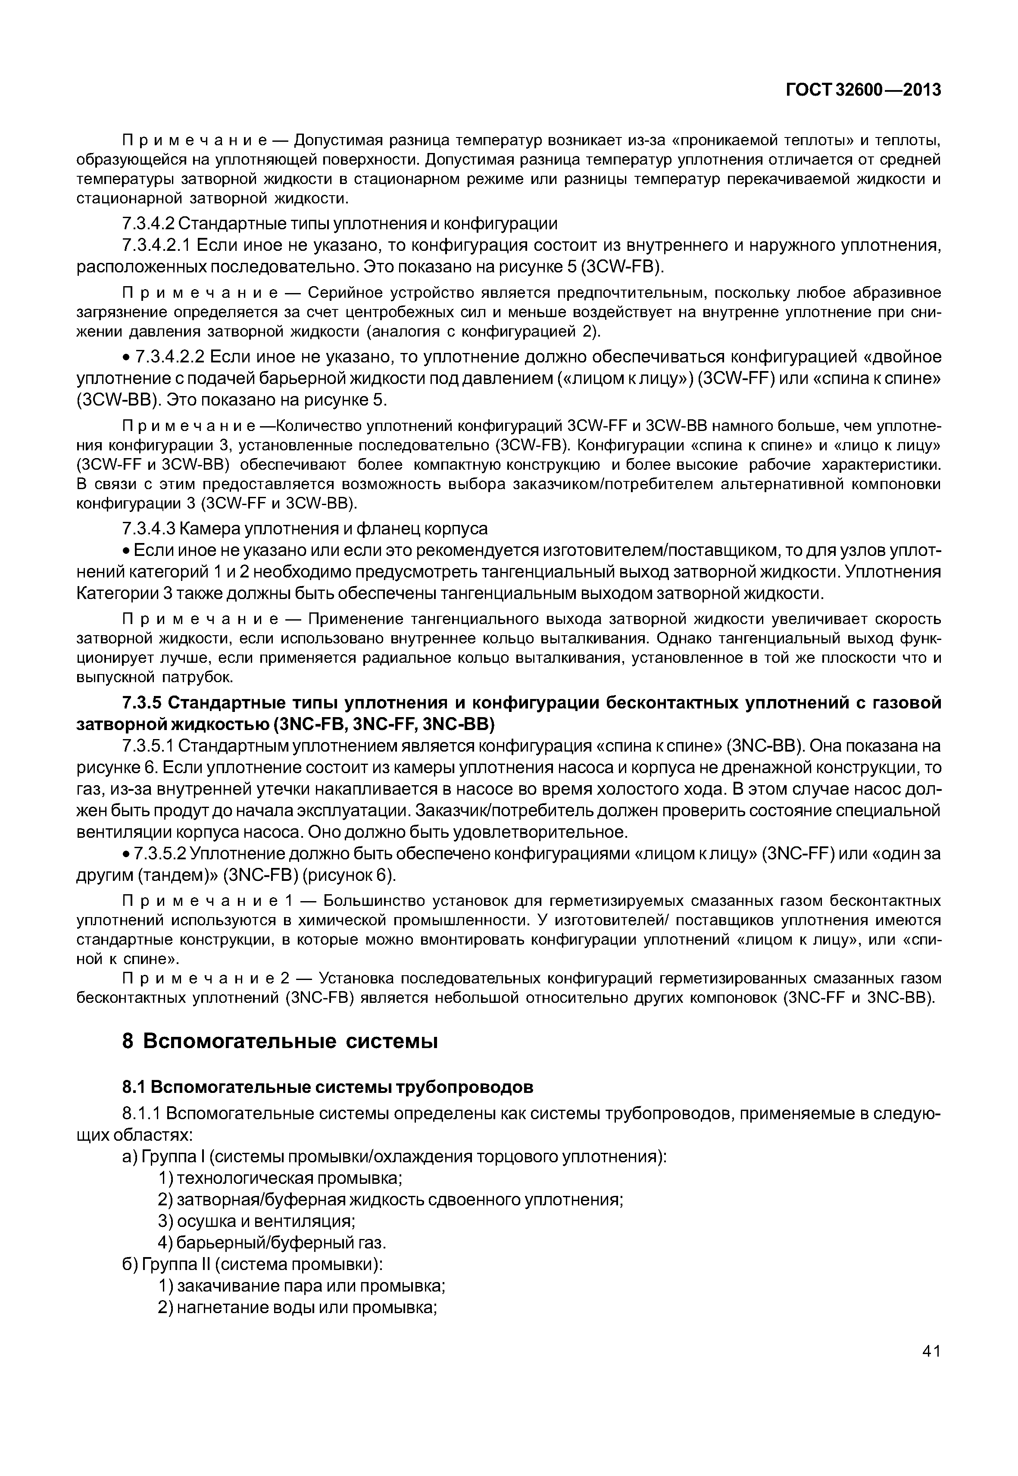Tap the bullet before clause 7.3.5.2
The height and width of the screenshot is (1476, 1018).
tap(126, 854)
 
